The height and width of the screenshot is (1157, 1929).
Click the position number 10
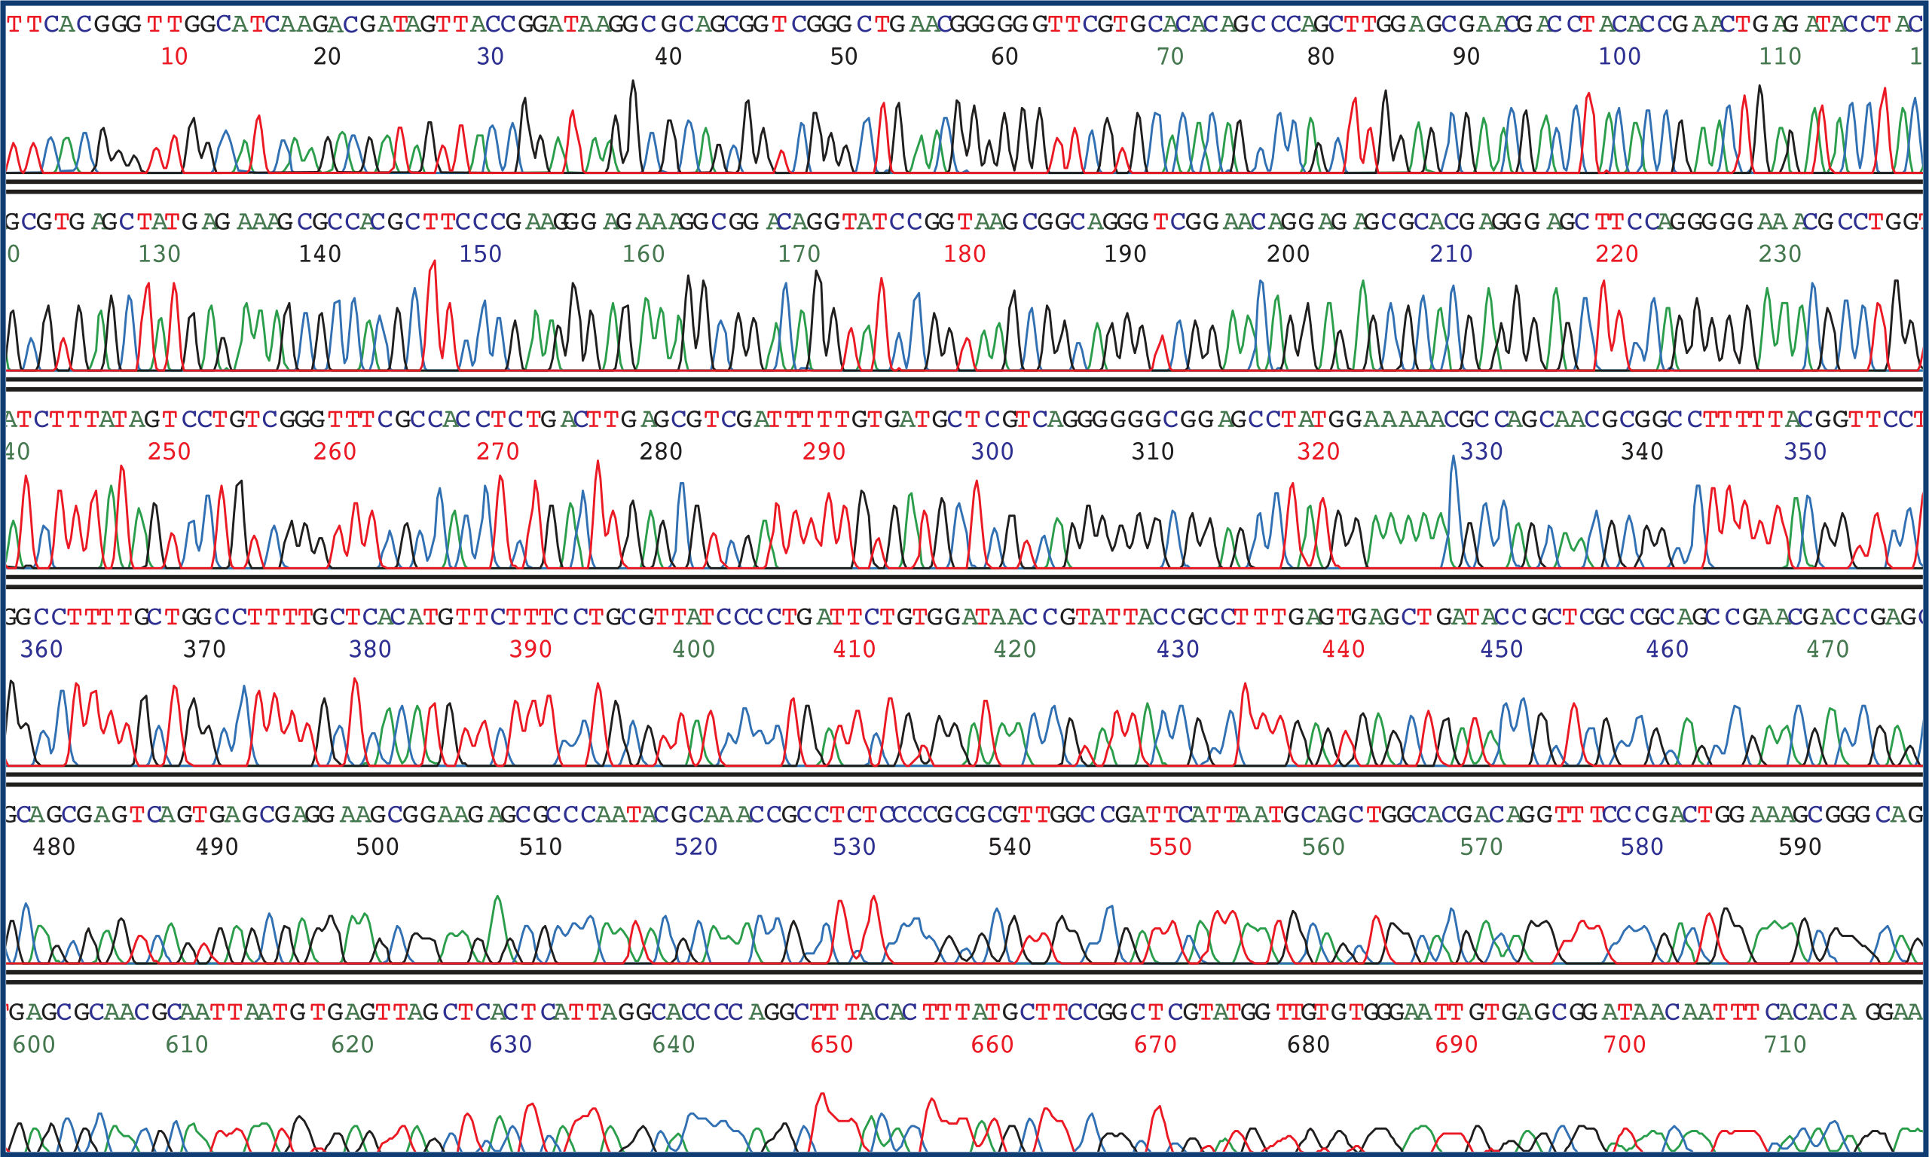[174, 56]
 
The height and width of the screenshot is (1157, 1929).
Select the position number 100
[1619, 56]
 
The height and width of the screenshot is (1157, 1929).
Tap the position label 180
[964, 253]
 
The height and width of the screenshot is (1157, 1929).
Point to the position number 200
[1288, 253]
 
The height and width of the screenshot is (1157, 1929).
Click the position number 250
[169, 451]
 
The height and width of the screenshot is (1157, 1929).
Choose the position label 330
[1481, 451]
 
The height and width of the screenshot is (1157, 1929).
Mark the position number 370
[204, 649]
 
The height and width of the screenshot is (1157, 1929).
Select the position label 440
[1344, 649]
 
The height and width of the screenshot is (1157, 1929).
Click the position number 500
[378, 847]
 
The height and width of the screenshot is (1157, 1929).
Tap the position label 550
[1170, 847]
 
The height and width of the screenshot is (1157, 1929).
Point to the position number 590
[1799, 847]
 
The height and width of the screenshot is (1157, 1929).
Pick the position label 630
[511, 1044]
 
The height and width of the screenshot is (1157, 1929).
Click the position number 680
[1308, 1044]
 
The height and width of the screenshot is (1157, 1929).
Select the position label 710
[1786, 1044]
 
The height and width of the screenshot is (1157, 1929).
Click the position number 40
[668, 56]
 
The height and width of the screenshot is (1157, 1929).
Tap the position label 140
[319, 253]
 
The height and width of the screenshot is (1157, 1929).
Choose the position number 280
[660, 451]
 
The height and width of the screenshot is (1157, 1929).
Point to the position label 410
[854, 649]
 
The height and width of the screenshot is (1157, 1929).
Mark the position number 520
[695, 847]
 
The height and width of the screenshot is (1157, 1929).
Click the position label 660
[992, 1044]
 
